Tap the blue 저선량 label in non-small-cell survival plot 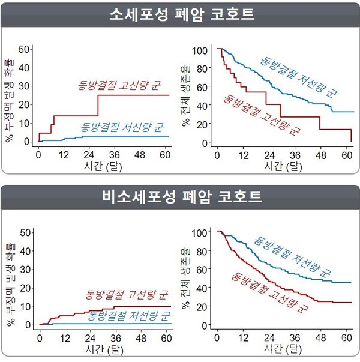[x=293, y=259]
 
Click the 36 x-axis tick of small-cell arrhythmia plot [x=118, y=154]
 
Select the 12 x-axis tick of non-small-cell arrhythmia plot [x=65, y=336]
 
